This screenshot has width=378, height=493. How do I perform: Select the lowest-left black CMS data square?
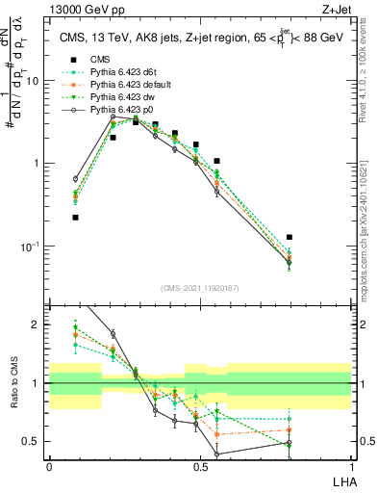pyautogui.click(x=75, y=218)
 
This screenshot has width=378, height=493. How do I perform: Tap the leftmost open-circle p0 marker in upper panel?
pyautogui.click(x=75, y=179)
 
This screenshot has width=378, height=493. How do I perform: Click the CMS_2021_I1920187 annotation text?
pyautogui.click(x=200, y=287)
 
